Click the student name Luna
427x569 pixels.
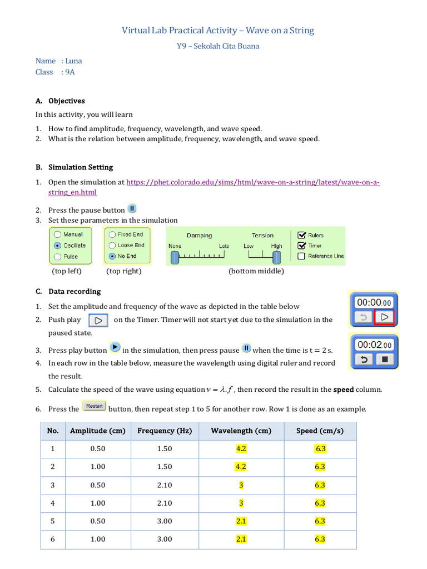(73, 61)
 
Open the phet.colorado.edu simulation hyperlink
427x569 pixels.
(253, 182)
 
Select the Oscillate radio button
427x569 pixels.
(57, 245)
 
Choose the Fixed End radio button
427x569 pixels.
(112, 234)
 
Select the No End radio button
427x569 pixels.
(112, 256)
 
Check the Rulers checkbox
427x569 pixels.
(301, 235)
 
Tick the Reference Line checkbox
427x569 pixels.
(301, 256)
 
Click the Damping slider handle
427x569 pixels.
(175, 257)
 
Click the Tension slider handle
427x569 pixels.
(276, 257)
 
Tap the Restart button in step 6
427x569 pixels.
(94, 406)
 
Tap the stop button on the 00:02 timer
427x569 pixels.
(385, 360)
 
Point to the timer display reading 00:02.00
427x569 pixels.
(374, 345)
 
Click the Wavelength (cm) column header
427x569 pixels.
(241, 431)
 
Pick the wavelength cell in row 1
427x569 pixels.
(241, 449)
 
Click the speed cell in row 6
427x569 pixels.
(320, 539)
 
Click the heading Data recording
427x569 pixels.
(75, 291)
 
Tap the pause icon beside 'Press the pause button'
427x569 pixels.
(132, 209)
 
